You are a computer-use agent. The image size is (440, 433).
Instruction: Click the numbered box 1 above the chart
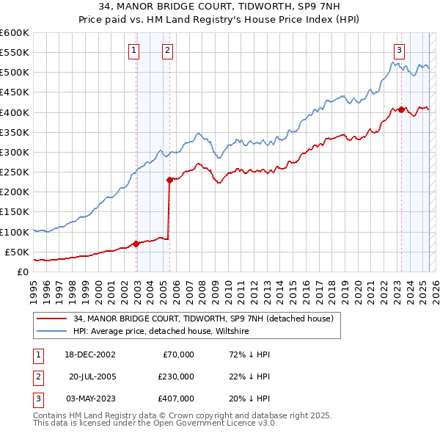click(x=135, y=51)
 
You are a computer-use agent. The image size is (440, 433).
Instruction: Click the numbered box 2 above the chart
click(x=167, y=51)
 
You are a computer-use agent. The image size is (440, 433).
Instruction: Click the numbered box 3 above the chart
click(x=399, y=51)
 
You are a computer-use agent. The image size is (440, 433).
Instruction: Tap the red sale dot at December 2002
click(x=136, y=244)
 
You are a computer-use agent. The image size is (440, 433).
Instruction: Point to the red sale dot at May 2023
click(x=401, y=109)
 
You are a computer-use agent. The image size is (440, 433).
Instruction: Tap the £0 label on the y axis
click(x=22, y=272)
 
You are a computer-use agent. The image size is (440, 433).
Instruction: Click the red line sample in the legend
click(x=51, y=319)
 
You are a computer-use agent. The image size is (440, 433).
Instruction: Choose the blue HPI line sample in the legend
click(x=51, y=331)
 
